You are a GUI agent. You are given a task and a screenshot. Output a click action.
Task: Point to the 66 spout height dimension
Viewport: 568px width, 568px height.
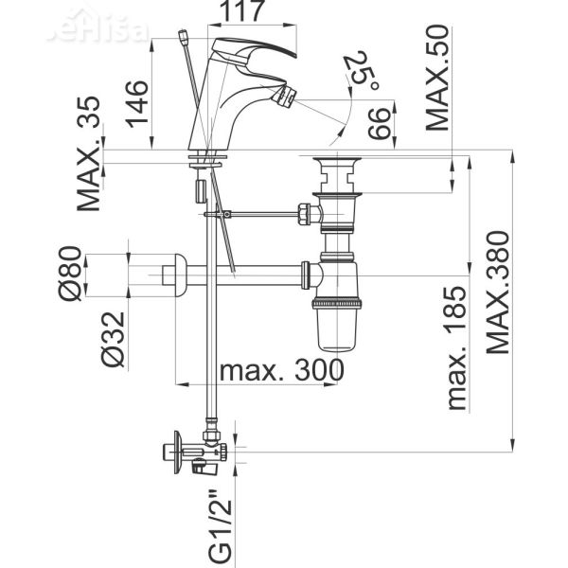377,125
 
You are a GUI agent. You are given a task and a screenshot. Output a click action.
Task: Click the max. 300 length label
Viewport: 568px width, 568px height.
281,370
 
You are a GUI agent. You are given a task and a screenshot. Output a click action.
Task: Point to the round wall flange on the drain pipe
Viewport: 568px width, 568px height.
172,275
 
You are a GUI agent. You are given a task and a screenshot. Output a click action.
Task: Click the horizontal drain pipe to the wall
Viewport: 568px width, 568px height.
246,275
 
